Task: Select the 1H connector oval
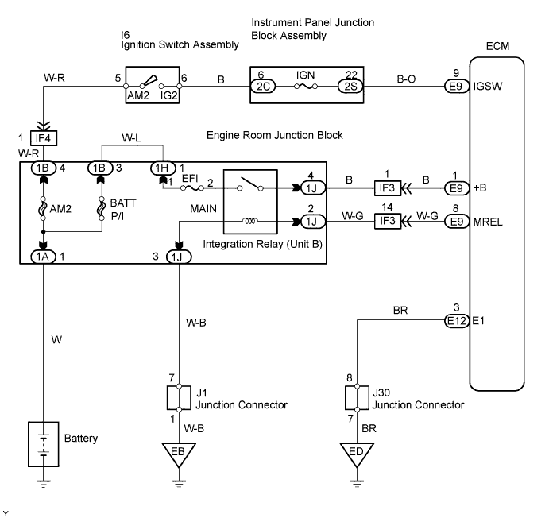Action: point(163,168)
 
